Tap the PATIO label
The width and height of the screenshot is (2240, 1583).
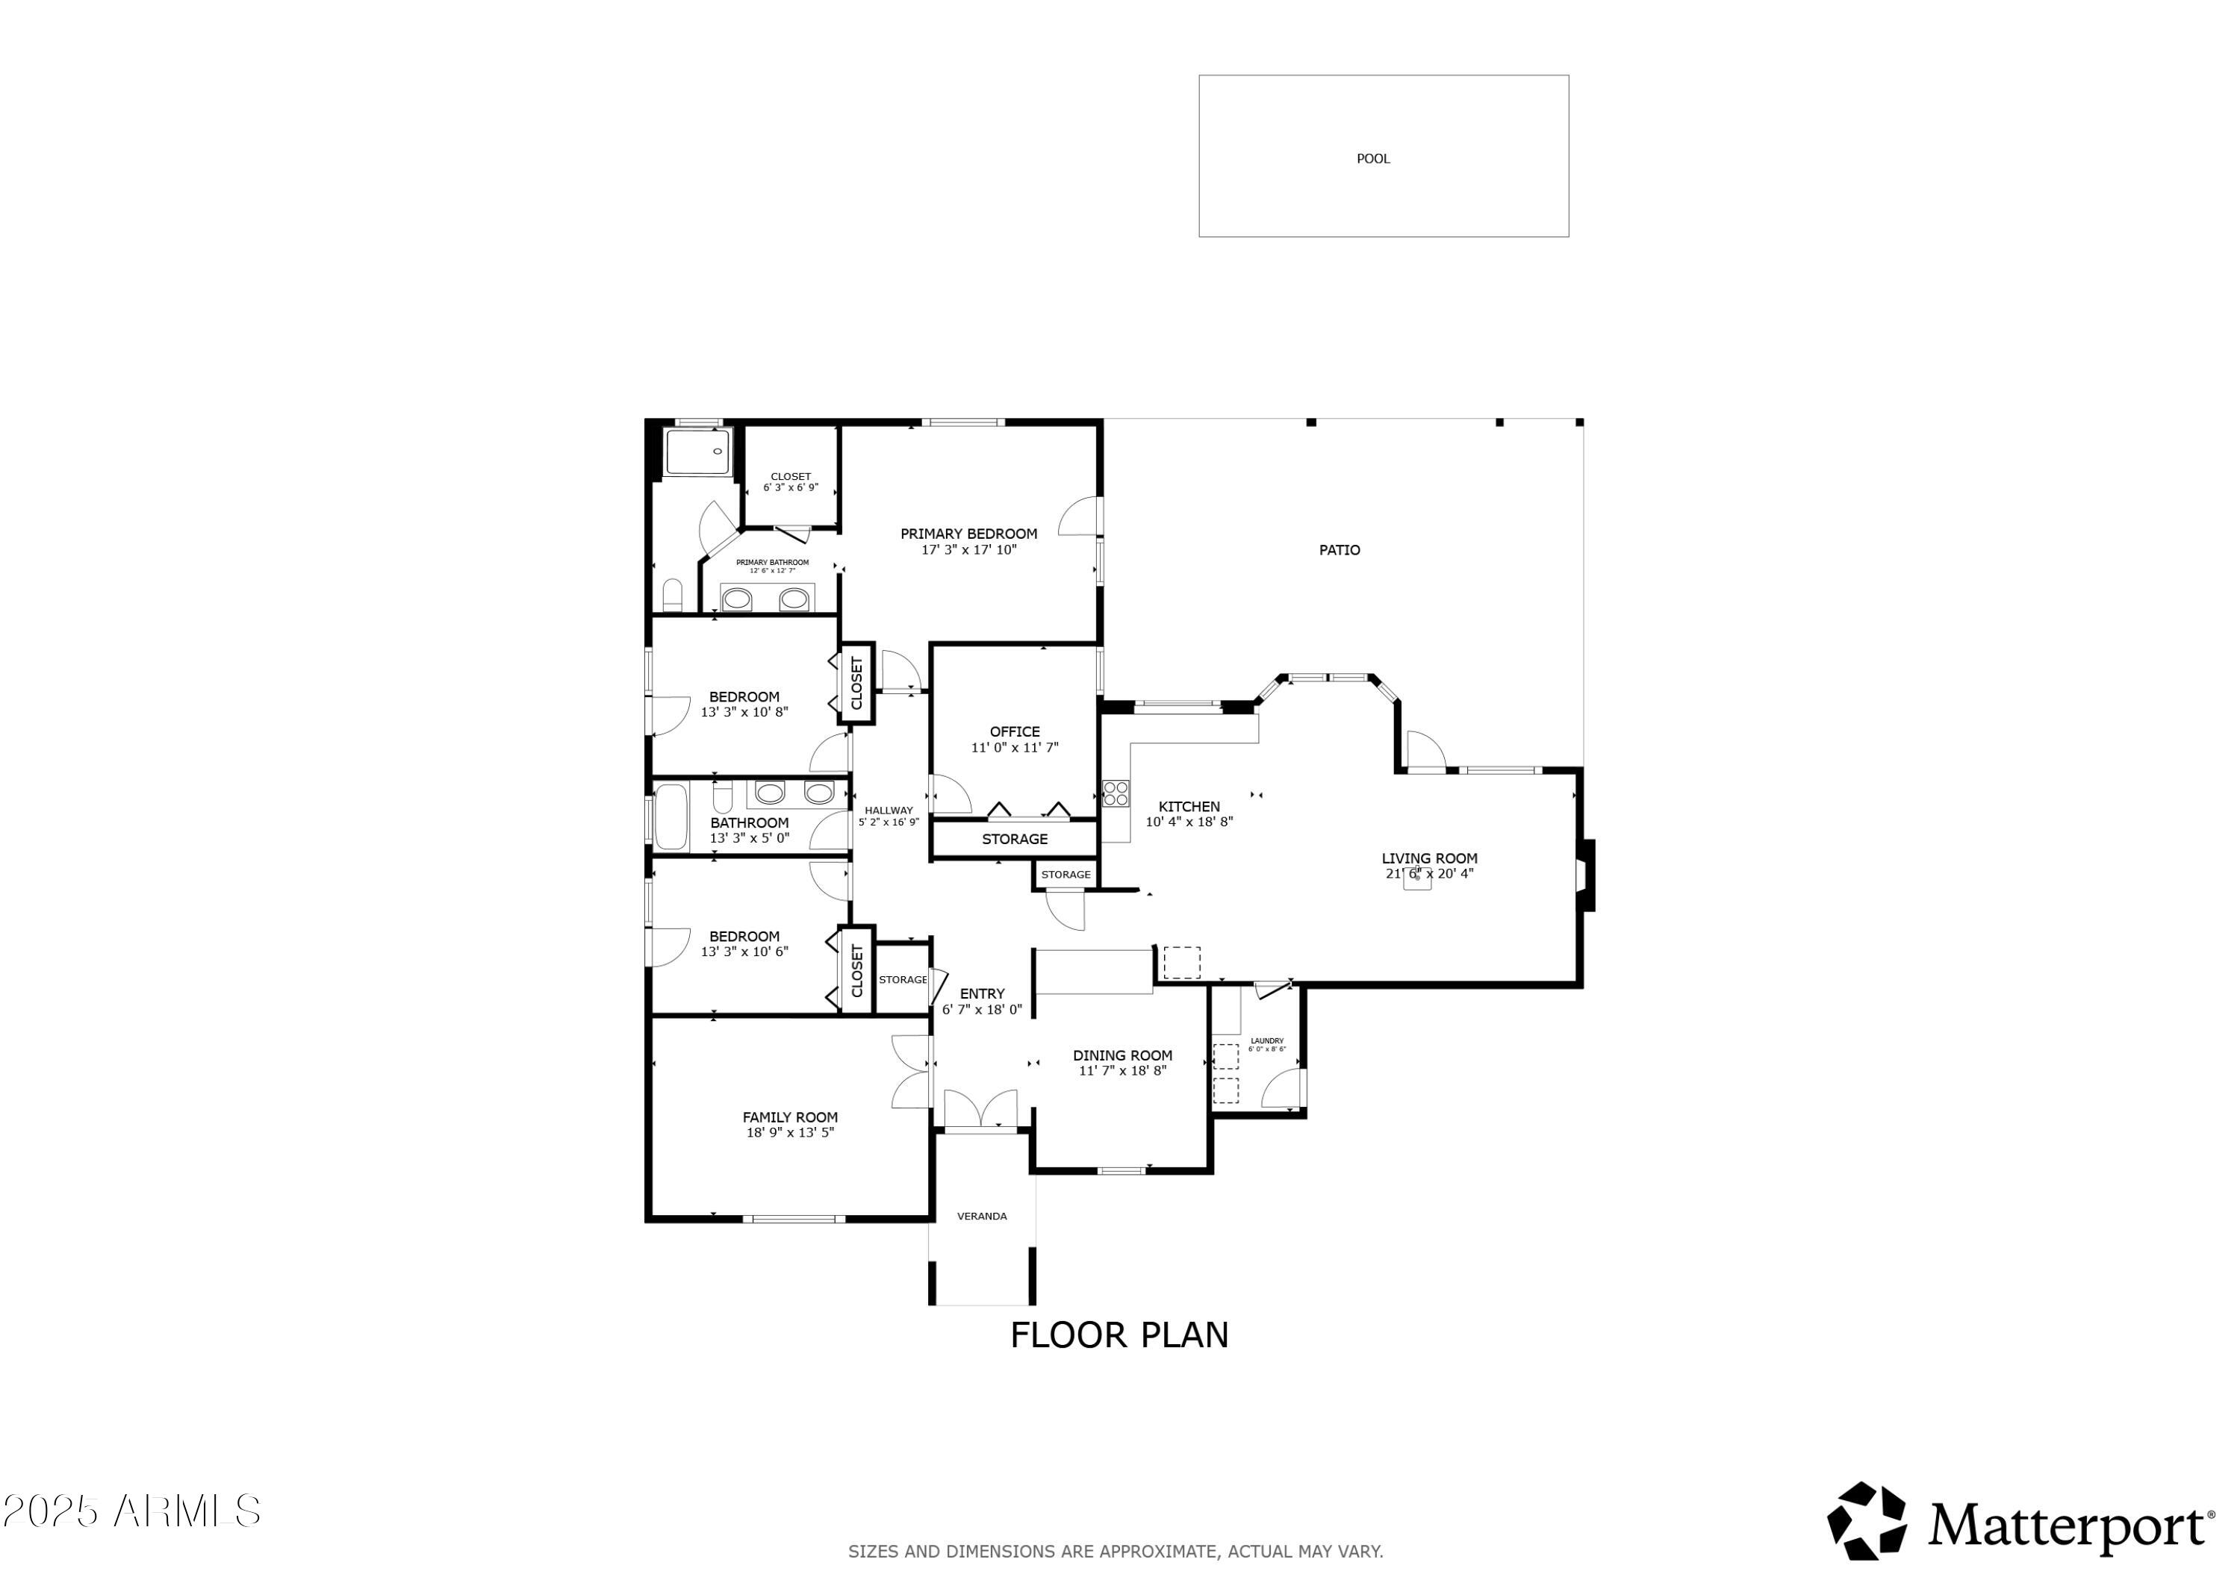point(1340,550)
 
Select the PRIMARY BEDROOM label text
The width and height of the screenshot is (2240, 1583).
point(968,534)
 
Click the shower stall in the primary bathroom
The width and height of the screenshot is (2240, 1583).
point(697,452)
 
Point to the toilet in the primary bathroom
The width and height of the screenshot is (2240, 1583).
point(672,594)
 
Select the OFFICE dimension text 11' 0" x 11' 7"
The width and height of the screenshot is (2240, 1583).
point(1015,748)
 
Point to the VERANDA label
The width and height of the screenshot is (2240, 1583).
point(981,1217)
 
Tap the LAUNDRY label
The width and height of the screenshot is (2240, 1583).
point(1266,1040)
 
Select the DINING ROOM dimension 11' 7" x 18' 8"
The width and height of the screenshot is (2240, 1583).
point(1122,1071)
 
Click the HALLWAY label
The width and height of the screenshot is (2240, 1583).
point(888,811)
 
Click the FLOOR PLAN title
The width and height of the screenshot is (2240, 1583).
point(1119,1335)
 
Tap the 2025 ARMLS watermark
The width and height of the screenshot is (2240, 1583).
point(131,1512)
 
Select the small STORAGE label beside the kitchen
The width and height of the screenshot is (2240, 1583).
point(1065,875)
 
